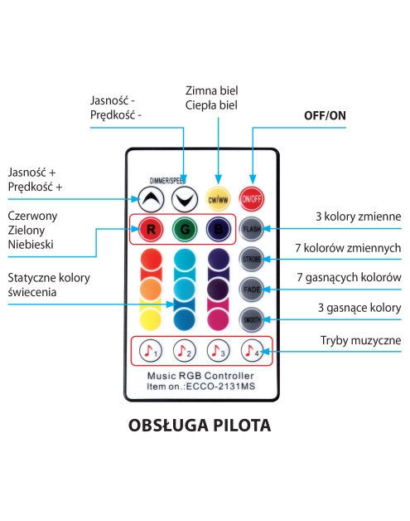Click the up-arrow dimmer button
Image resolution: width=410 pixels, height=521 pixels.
149,198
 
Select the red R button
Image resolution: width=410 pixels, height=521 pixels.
149,228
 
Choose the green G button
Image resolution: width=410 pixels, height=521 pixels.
184,228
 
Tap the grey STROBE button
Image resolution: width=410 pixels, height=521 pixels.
252,259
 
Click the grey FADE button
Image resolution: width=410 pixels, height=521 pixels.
252,289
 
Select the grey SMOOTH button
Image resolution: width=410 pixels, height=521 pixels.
252,319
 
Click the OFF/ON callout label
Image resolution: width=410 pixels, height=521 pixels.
325,115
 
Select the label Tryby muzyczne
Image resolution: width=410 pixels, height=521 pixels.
360,341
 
